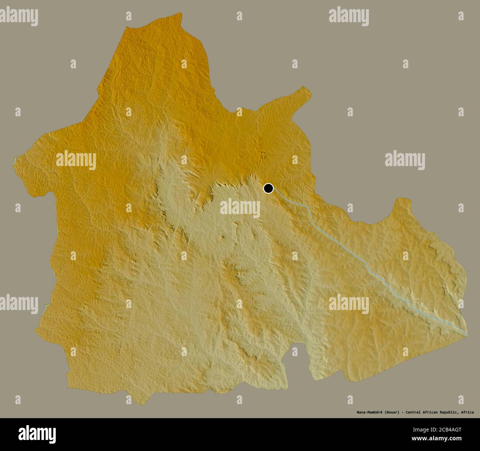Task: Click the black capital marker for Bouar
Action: click(x=268, y=188)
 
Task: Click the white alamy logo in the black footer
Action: click(x=37, y=434)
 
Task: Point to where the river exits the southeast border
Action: click(x=466, y=334)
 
